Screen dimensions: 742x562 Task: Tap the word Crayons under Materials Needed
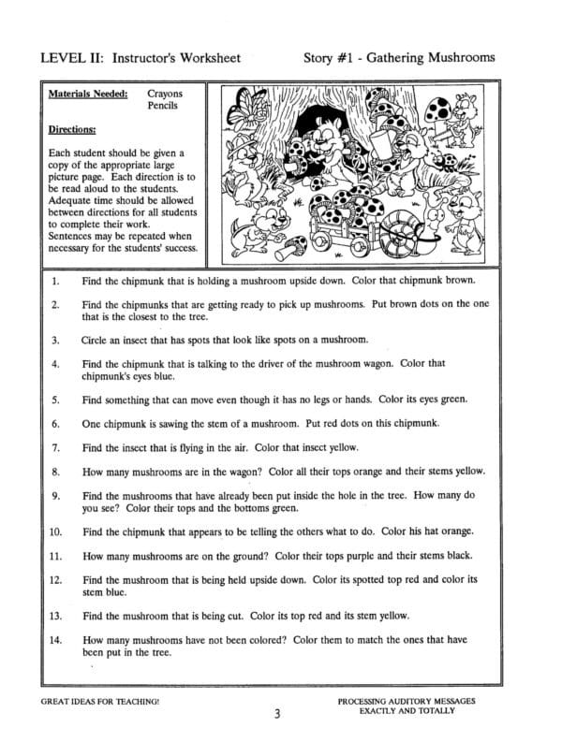[165, 95]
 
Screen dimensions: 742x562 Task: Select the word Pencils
[164, 108]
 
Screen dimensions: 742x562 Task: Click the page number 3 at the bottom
[278, 716]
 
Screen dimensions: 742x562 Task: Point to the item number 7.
[56, 448]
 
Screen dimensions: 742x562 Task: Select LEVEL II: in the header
[72, 58]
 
